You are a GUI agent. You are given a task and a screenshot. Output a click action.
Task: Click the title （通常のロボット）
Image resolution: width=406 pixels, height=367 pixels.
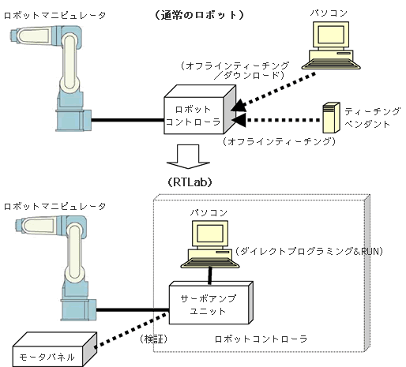pyautogui.click(x=199, y=15)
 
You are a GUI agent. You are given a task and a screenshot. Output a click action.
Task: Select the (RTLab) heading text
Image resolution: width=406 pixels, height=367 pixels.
pyautogui.click(x=190, y=182)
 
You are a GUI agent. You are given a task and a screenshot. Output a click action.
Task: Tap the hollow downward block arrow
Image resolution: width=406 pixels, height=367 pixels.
pyautogui.click(x=188, y=156)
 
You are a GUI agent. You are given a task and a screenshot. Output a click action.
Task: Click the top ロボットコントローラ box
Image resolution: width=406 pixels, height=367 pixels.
pyautogui.click(x=200, y=110)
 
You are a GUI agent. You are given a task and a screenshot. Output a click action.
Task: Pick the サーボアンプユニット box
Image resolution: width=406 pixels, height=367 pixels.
pyautogui.click(x=211, y=303)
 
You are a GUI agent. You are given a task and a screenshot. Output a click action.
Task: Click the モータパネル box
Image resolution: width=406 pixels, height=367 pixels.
pyautogui.click(x=55, y=350)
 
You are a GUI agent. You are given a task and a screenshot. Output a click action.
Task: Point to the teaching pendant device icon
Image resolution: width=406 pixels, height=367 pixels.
pyautogui.click(x=331, y=118)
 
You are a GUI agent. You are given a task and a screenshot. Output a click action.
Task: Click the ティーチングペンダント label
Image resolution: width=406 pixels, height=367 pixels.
pyautogui.click(x=372, y=118)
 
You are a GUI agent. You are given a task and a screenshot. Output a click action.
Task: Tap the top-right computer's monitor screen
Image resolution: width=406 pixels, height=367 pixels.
pyautogui.click(x=331, y=35)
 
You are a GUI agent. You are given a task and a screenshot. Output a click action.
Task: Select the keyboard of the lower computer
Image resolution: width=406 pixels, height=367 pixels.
pyautogui.click(x=210, y=262)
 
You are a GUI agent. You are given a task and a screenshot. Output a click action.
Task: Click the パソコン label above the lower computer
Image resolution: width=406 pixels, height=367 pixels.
pyautogui.click(x=209, y=212)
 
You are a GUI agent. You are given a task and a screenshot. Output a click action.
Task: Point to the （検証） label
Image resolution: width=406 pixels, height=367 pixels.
pyautogui.click(x=153, y=339)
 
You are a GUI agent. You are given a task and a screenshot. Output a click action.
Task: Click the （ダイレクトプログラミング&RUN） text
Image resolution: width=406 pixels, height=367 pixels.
pyautogui.click(x=309, y=252)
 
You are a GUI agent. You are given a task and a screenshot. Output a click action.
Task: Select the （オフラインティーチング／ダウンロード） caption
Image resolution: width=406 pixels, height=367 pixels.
pyautogui.click(x=235, y=70)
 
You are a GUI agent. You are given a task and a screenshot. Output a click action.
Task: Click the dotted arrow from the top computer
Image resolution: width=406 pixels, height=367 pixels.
pyautogui.click(x=274, y=91)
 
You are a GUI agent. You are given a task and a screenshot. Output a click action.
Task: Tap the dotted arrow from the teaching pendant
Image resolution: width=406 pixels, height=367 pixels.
pyautogui.click(x=276, y=120)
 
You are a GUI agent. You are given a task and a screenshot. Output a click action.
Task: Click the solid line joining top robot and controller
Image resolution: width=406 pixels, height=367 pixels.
pyautogui.click(x=127, y=120)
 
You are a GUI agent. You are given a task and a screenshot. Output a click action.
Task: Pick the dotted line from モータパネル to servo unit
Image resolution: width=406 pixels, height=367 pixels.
pyautogui.click(x=132, y=330)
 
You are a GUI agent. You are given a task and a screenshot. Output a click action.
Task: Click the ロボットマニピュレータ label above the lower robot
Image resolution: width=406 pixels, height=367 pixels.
pyautogui.click(x=55, y=207)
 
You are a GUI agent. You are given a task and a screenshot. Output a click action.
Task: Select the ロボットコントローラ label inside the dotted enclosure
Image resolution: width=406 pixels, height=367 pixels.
pyautogui.click(x=261, y=339)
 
